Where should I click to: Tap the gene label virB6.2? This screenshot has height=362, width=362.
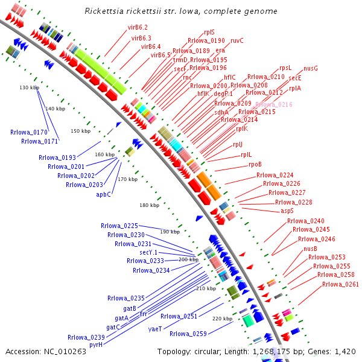tap(138, 28)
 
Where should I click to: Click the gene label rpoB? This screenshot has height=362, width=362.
tap(255, 164)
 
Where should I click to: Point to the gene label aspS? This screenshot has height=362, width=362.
tap(287, 211)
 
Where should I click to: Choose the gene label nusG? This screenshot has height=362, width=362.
tap(311, 69)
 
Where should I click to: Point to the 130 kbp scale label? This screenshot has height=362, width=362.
tap(29, 88)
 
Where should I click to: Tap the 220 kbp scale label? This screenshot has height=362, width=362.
tap(223, 319)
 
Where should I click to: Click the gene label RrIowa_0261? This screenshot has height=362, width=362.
tap(340, 285)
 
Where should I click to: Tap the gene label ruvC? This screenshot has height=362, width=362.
tap(237, 40)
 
